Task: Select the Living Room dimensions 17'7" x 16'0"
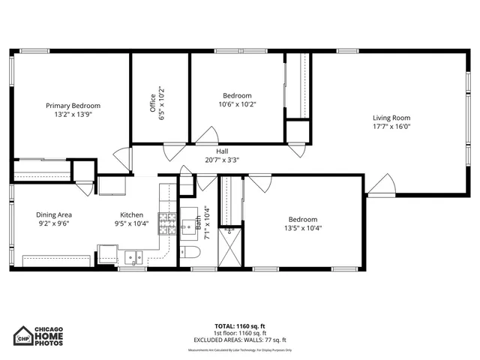click(391, 127)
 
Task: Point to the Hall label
click(222, 151)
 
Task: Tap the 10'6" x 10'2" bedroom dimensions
click(237, 105)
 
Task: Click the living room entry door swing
click(382, 184)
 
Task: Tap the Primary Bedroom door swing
click(121, 159)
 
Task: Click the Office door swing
click(175, 150)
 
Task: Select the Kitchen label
click(131, 214)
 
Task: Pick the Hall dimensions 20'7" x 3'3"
click(222, 160)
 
